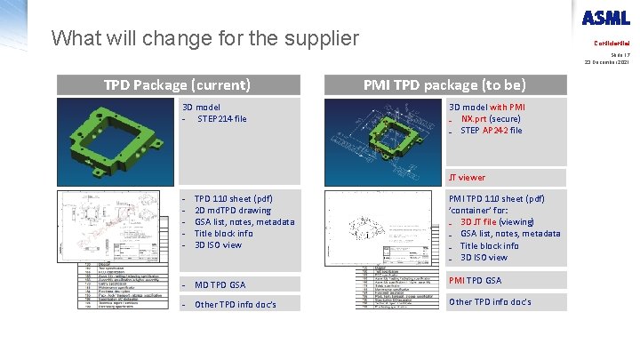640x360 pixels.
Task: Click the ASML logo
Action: (x=605, y=17)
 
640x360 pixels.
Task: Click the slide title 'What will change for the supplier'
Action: (x=205, y=38)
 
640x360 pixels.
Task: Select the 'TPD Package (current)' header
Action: (x=177, y=84)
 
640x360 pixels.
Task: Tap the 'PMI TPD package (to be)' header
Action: (x=444, y=84)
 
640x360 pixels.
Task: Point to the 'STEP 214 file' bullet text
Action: (x=222, y=118)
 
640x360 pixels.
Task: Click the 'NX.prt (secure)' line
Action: (x=491, y=118)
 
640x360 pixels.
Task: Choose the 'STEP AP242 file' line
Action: (x=491, y=130)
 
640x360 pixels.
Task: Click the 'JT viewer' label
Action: (x=467, y=177)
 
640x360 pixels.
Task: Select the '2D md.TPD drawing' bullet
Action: (x=233, y=211)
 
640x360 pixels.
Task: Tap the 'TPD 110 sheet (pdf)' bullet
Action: (x=233, y=199)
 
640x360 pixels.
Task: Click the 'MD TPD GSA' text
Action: (x=220, y=284)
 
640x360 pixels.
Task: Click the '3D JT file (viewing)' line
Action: (x=497, y=222)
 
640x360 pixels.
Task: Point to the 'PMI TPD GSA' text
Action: (x=476, y=280)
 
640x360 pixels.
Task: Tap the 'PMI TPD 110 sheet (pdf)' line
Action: (x=497, y=199)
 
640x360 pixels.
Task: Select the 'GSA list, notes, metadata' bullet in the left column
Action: (x=244, y=222)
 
